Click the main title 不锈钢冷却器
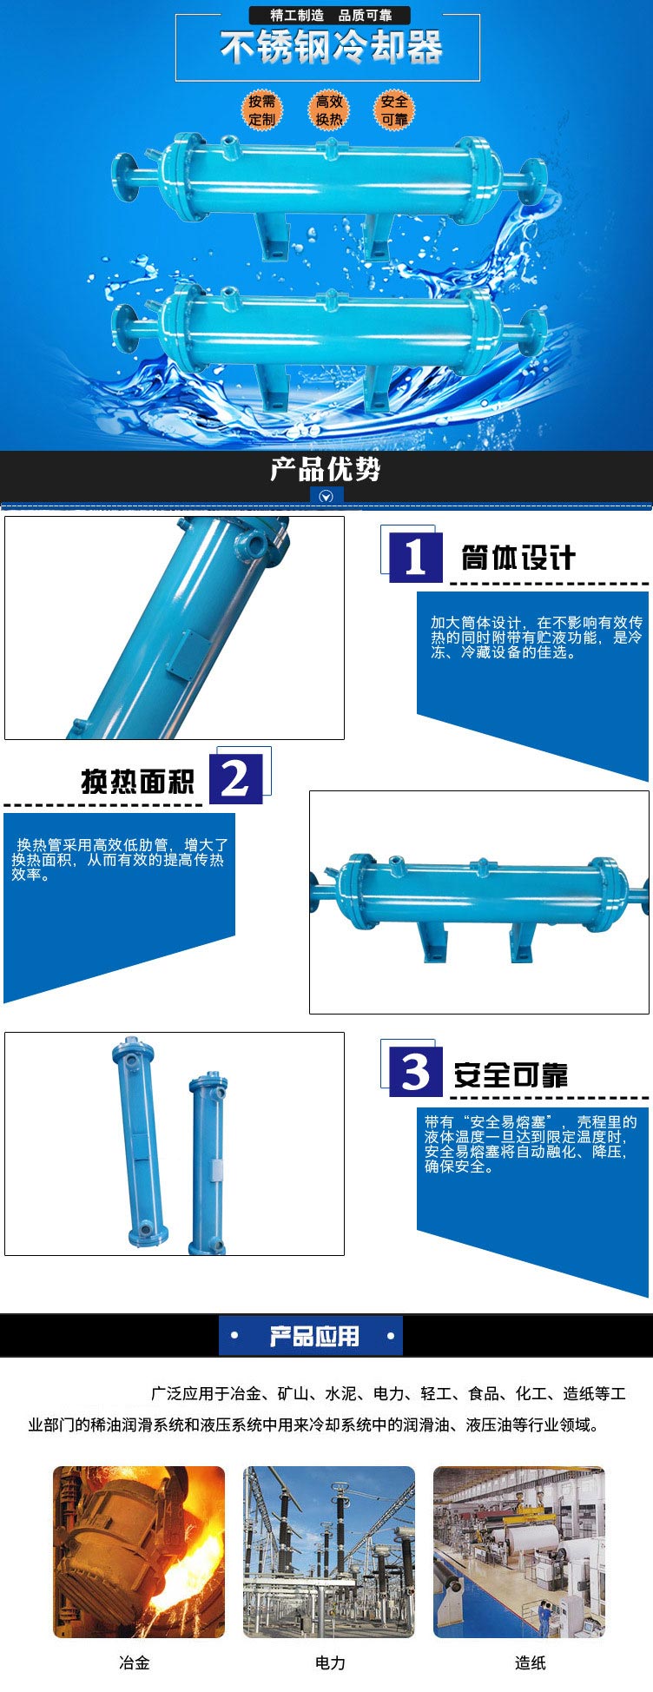tap(331, 48)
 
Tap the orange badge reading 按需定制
tap(261, 110)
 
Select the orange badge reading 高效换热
tap(329, 110)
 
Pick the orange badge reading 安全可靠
tap(393, 110)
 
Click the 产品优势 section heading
tap(326, 470)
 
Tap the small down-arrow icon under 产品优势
tap(326, 497)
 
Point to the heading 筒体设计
tap(518, 558)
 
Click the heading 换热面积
tap(137, 782)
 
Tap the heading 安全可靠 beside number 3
tap(511, 1075)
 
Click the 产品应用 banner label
tap(313, 1336)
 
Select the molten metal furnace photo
tap(139, 1552)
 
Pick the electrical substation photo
tap(329, 1552)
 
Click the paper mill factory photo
tap(519, 1552)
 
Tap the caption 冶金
tap(135, 1662)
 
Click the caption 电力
tap(330, 1662)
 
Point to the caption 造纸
tap(530, 1662)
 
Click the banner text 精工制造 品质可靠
tap(330, 16)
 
